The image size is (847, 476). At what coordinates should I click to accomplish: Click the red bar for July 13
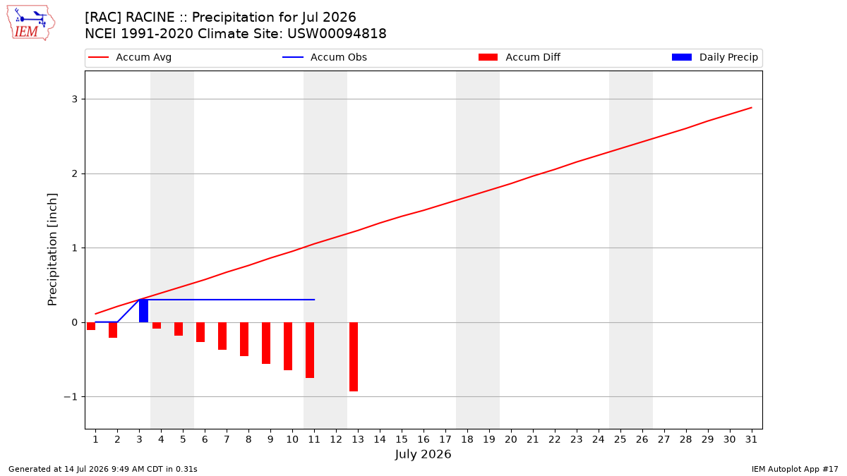tap(354, 357)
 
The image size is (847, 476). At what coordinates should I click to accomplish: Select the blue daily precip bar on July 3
tap(144, 311)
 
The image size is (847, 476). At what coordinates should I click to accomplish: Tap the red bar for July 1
tap(91, 326)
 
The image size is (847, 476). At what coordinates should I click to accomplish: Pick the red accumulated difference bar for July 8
tap(244, 339)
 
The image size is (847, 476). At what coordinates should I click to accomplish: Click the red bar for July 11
tap(310, 350)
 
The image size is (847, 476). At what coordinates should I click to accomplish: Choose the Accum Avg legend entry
tap(130, 57)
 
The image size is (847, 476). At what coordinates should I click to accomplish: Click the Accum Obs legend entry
tap(325, 57)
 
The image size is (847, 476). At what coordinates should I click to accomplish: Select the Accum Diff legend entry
tap(519, 57)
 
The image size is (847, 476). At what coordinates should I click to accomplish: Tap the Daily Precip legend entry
tap(715, 57)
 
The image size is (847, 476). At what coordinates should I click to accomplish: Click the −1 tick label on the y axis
tap(71, 396)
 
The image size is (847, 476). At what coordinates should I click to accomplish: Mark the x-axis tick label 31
tap(751, 439)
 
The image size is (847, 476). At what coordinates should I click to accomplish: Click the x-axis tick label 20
tap(511, 439)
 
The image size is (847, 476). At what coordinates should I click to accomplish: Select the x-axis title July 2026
tap(423, 454)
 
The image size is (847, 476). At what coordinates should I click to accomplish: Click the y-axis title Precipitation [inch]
tap(52, 250)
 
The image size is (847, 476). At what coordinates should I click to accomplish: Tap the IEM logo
tap(31, 23)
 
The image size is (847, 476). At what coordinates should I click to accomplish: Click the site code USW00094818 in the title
tap(337, 34)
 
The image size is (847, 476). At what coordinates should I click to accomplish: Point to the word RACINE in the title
tap(150, 18)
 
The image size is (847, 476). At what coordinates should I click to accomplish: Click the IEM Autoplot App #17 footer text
tap(795, 469)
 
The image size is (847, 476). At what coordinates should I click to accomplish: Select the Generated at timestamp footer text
tap(103, 469)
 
